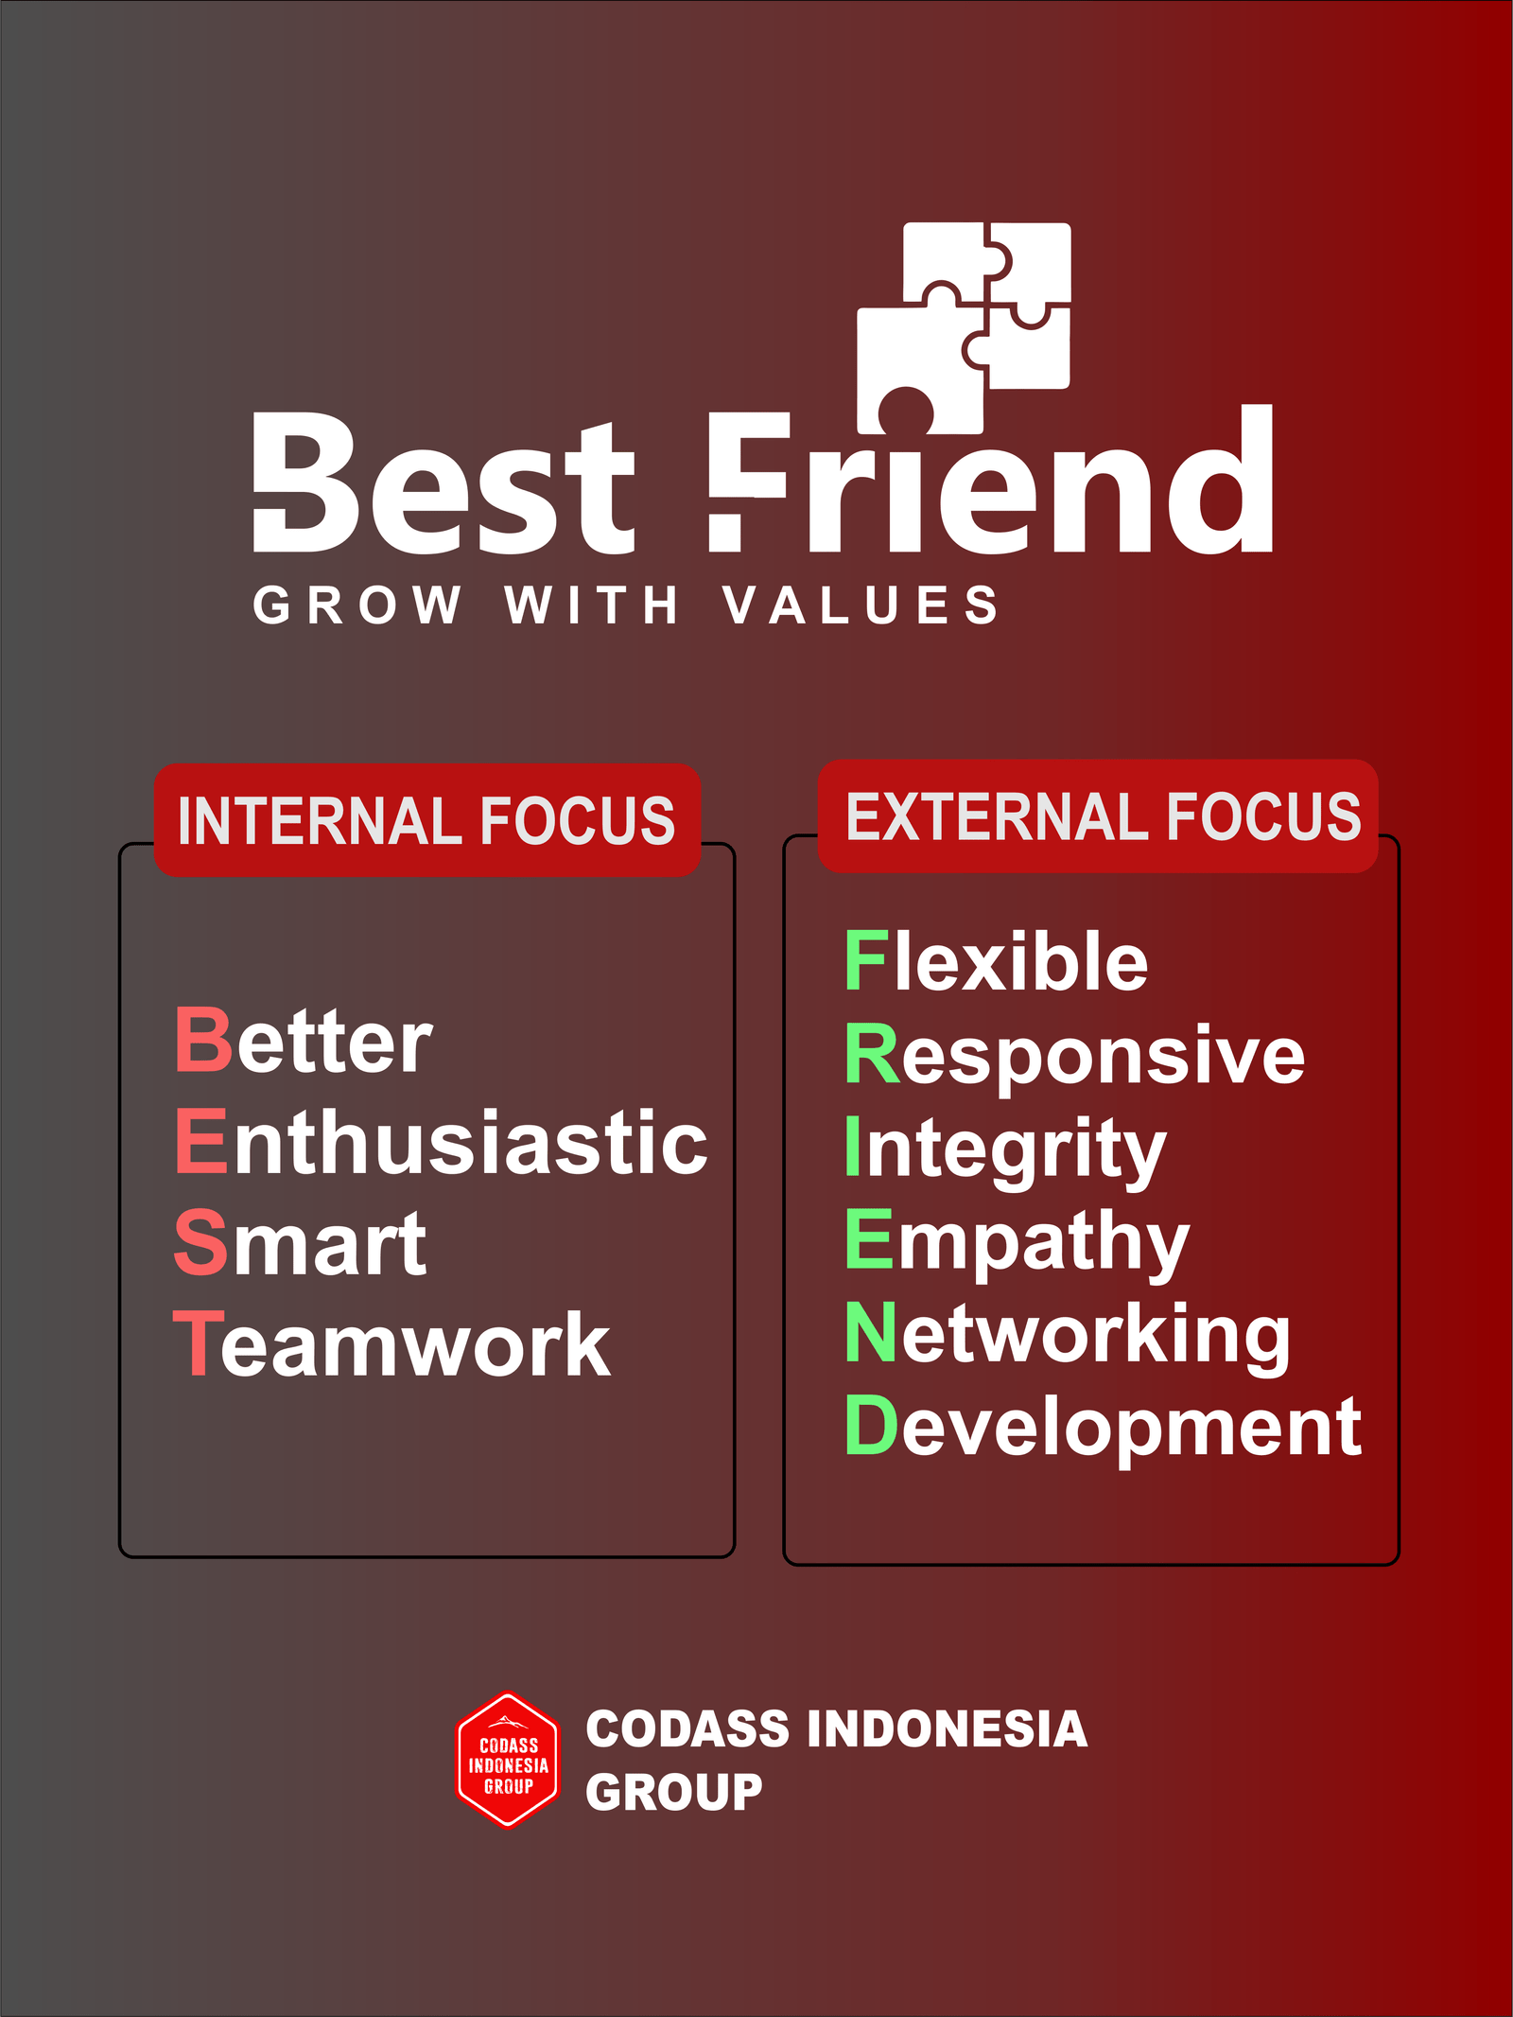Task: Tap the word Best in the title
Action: (x=443, y=482)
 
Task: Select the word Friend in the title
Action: (x=991, y=479)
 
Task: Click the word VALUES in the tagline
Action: (x=861, y=605)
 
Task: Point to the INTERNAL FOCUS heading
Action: (x=426, y=820)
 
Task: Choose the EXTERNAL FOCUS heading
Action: (x=1103, y=816)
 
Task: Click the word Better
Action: (x=304, y=1041)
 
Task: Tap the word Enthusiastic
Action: (x=441, y=1142)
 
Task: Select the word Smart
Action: (x=301, y=1243)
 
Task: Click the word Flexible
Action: (x=997, y=960)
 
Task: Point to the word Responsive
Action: (x=1075, y=1056)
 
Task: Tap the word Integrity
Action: (x=1006, y=1150)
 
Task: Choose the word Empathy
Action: (x=1017, y=1243)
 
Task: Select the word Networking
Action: (x=1068, y=1336)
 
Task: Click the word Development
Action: (x=1104, y=1429)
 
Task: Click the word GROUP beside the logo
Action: (x=673, y=1792)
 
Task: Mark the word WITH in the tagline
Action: (x=592, y=605)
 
